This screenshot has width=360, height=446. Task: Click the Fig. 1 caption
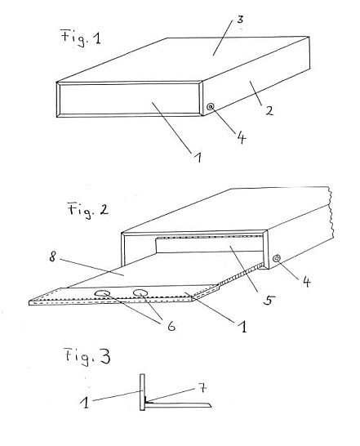click(81, 38)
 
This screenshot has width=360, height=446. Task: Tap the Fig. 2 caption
click(88, 210)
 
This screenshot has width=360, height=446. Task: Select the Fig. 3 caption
click(87, 356)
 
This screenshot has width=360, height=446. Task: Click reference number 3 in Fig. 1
click(240, 20)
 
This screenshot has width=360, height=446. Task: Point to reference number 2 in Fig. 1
click(269, 110)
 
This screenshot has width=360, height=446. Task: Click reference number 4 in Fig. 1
click(241, 138)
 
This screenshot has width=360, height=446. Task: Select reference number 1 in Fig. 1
click(198, 157)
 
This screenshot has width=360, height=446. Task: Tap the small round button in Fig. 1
click(211, 107)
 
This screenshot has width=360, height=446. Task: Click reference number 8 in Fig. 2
click(52, 257)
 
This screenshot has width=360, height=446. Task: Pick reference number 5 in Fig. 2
click(269, 300)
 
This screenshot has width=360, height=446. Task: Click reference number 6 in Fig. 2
click(171, 326)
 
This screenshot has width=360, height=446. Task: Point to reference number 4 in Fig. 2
click(306, 282)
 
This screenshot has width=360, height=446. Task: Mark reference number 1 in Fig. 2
click(242, 327)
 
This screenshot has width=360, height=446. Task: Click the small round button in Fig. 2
click(277, 258)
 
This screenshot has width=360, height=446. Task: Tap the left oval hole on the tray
click(103, 293)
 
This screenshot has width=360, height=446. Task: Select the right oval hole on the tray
click(141, 292)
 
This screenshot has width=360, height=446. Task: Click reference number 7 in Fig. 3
click(202, 387)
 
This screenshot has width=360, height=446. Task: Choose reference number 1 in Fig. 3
click(85, 403)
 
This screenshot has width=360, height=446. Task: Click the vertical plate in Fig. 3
click(142, 392)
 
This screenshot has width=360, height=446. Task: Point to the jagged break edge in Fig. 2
click(331, 212)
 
